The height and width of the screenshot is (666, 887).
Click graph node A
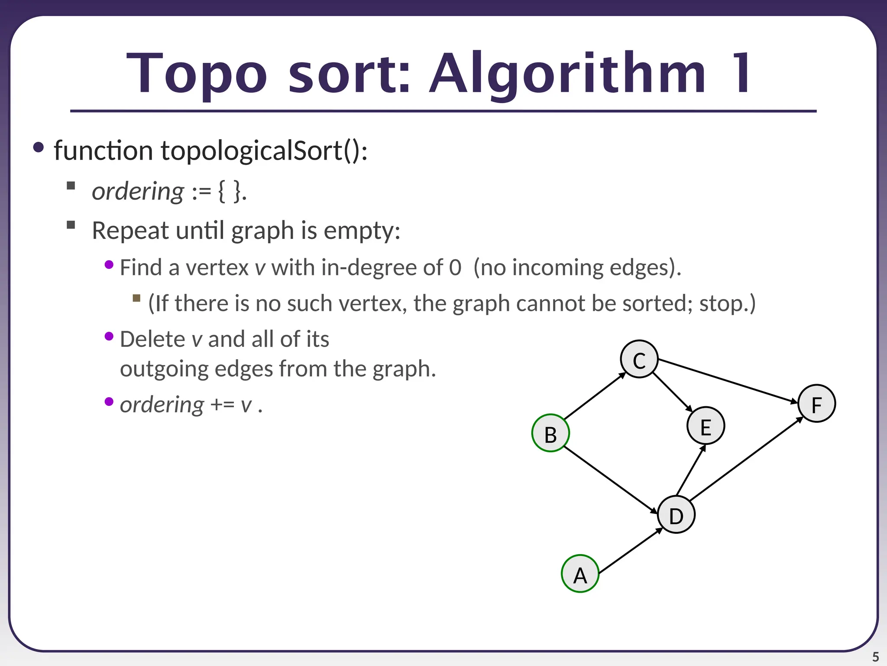pyautogui.click(x=580, y=574)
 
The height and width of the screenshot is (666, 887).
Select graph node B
pyautogui.click(x=550, y=433)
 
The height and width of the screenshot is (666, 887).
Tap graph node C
pyautogui.click(x=639, y=359)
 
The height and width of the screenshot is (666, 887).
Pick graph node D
pyautogui.click(x=676, y=515)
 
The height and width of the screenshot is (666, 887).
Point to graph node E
pyautogui.click(x=706, y=426)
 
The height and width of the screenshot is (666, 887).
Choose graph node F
pyautogui.click(x=816, y=404)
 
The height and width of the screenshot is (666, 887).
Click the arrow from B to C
pyautogui.click(x=595, y=396)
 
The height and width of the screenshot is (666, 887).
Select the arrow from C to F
pyautogui.click(x=728, y=381)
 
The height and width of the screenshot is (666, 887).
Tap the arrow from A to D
pyautogui.click(x=631, y=550)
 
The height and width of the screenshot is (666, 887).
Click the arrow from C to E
pyautogui.click(x=673, y=392)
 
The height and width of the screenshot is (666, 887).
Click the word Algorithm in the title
pyautogui.click(x=568, y=74)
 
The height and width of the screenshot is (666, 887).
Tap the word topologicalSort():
pyautogui.click(x=264, y=150)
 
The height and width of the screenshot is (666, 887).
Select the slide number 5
pyautogui.click(x=875, y=657)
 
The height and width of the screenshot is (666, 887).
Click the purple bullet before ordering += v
pyautogui.click(x=109, y=402)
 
